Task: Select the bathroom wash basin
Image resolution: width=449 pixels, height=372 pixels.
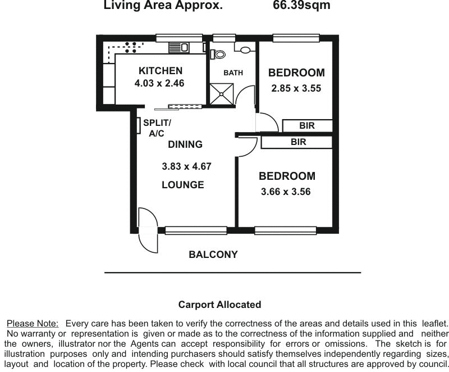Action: click(x=245, y=50)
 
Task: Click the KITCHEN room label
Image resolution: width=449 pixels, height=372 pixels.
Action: click(x=161, y=71)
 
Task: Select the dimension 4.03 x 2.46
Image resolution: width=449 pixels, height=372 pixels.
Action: click(x=159, y=83)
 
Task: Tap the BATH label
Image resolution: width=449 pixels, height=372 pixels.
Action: click(x=233, y=72)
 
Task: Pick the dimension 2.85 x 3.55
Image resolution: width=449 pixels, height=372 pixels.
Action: click(x=296, y=88)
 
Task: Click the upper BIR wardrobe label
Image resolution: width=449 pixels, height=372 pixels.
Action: click(x=307, y=126)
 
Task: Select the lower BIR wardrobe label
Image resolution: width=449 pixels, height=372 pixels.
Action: click(x=298, y=142)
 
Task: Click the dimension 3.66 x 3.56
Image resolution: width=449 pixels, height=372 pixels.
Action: click(x=286, y=192)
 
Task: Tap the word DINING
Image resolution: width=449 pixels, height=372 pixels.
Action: click(x=185, y=144)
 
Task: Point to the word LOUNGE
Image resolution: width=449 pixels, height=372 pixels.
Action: click(x=182, y=185)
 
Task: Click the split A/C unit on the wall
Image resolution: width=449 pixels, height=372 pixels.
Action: click(x=138, y=125)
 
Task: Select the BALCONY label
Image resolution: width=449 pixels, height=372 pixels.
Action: click(x=213, y=255)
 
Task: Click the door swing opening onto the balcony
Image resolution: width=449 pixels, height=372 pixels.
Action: click(x=146, y=230)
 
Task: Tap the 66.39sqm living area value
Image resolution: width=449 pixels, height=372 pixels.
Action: click(x=301, y=6)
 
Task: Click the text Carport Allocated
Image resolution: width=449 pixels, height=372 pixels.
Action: click(x=219, y=305)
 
